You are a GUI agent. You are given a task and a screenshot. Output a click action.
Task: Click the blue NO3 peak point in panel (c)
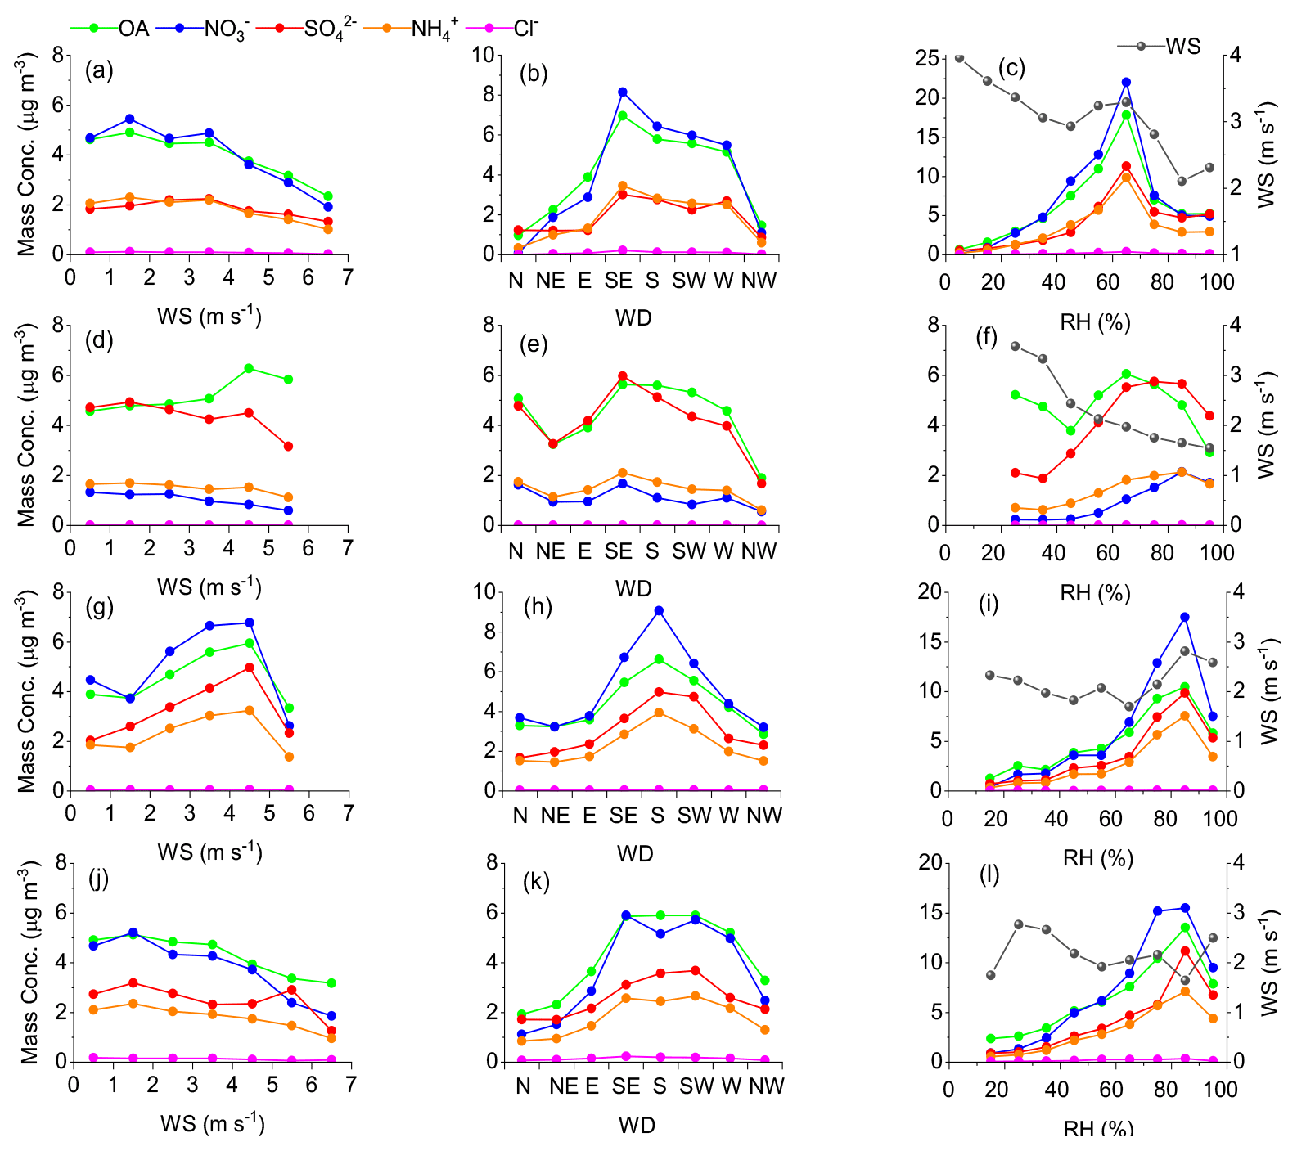(1126, 82)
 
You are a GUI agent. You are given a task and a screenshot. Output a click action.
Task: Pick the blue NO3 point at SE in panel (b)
(623, 92)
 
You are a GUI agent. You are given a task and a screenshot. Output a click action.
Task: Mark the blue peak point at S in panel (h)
(658, 610)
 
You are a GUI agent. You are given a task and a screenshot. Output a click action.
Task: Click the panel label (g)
(99, 607)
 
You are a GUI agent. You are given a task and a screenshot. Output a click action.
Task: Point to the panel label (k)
(536, 881)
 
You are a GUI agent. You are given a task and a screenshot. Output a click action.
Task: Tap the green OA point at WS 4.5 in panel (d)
(249, 368)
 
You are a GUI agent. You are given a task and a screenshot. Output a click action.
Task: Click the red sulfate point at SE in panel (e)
(623, 376)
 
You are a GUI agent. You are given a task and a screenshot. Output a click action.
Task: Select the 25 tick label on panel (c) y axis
(927, 57)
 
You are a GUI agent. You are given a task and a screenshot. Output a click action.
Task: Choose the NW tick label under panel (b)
(759, 281)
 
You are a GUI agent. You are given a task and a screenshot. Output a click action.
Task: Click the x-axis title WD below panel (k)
(637, 1126)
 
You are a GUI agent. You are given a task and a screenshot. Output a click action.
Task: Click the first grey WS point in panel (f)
(1016, 346)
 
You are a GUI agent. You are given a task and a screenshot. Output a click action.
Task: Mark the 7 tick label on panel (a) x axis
(348, 278)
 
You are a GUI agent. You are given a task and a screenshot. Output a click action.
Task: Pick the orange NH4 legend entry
(430, 29)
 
